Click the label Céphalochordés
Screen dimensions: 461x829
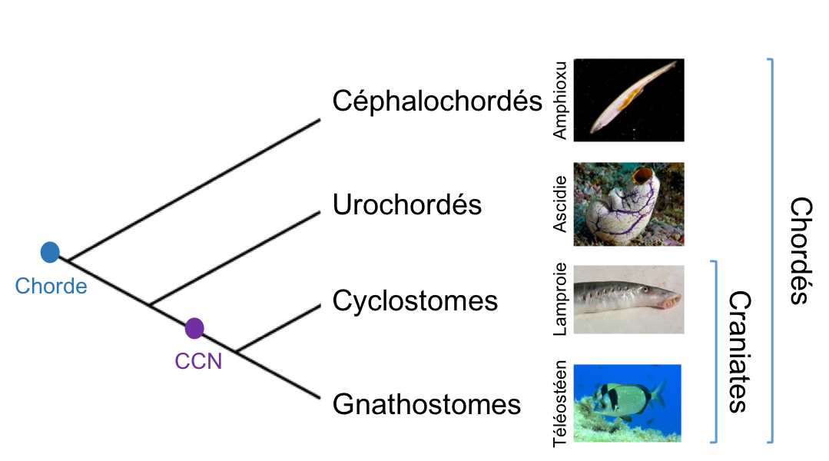[x=437, y=101]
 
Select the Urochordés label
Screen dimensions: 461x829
[x=406, y=205]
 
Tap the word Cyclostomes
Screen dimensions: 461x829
[x=415, y=300]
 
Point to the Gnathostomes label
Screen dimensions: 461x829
[x=426, y=404]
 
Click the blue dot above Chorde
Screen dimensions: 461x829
[x=50, y=251]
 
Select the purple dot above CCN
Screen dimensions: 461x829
[x=194, y=328]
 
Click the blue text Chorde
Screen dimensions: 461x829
[x=51, y=287]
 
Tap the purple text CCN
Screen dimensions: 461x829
[x=198, y=360]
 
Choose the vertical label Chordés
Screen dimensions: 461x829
[x=801, y=250]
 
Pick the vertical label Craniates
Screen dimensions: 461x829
[x=738, y=351]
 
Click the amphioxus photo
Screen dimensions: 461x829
[x=629, y=100]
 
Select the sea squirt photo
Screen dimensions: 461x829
[x=628, y=204]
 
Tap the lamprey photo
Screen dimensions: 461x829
[x=628, y=299]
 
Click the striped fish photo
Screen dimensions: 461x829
[x=628, y=403]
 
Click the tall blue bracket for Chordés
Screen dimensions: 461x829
[x=771, y=250]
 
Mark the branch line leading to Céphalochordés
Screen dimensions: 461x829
[x=192, y=187]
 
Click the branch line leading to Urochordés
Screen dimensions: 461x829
[x=234, y=257]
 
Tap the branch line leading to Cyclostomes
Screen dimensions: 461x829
[x=277, y=328]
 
